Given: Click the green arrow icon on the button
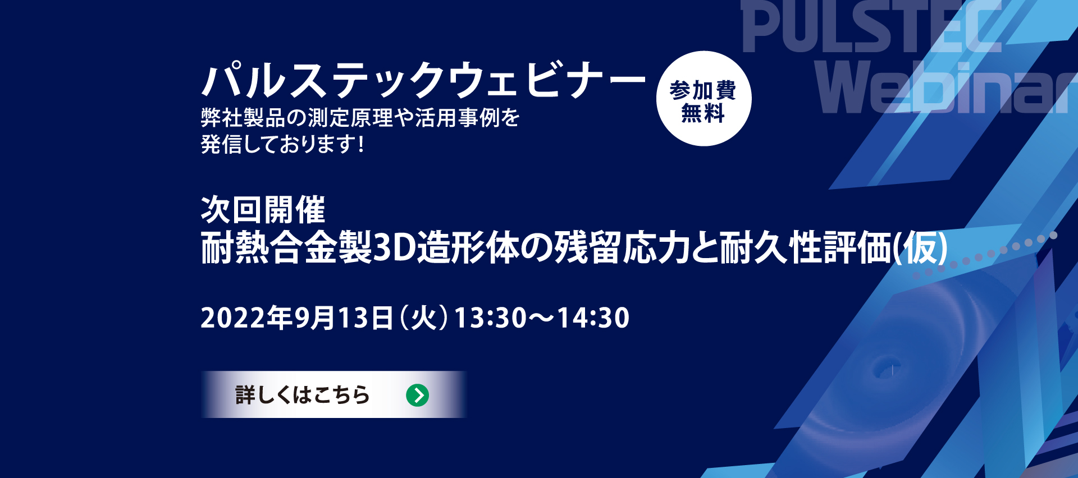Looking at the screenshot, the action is pyautogui.click(x=417, y=395).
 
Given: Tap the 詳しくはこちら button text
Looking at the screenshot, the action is pyautogui.click(x=303, y=395).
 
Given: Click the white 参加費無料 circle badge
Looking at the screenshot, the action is pyautogui.click(x=704, y=99).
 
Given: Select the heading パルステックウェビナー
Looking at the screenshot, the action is pyautogui.click(x=424, y=80).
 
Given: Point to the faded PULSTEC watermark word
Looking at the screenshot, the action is pyautogui.click(x=872, y=26).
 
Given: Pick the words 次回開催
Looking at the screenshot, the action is pyautogui.click(x=263, y=210).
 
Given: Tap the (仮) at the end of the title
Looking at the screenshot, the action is pyautogui.click(x=920, y=248).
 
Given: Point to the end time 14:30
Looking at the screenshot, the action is pyautogui.click(x=593, y=318).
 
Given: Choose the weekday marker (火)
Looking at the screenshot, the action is pyautogui.click(x=424, y=318).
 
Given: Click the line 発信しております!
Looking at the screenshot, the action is pyautogui.click(x=282, y=144).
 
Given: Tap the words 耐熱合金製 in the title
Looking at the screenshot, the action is pyautogui.click(x=286, y=248).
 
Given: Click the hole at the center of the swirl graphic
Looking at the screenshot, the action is pyautogui.click(x=888, y=370).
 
